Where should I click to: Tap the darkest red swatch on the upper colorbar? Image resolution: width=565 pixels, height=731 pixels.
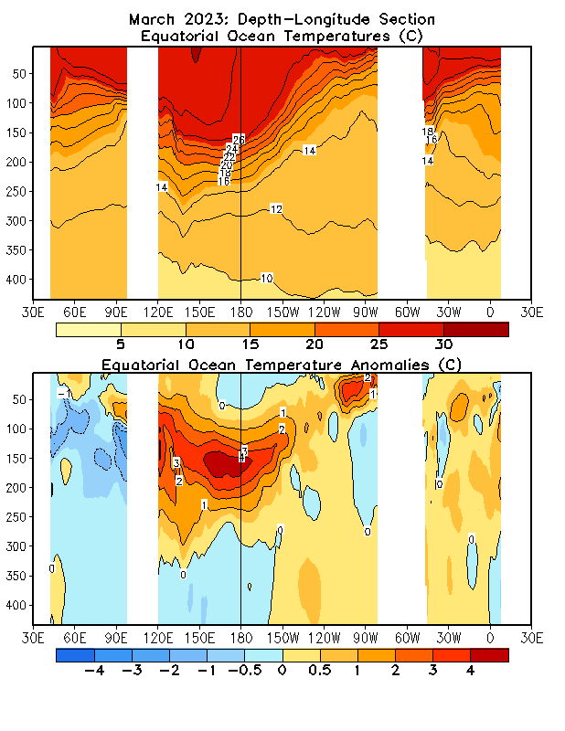point(475,329)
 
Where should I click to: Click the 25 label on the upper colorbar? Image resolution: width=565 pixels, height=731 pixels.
point(378,345)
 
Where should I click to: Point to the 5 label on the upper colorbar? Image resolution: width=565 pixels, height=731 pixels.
point(121,345)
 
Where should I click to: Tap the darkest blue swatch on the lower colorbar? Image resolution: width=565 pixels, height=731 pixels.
point(75,655)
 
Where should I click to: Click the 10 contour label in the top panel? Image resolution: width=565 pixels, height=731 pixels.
point(267,278)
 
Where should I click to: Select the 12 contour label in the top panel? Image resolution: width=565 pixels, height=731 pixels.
point(275,209)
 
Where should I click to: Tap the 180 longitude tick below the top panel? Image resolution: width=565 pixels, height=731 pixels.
point(240,309)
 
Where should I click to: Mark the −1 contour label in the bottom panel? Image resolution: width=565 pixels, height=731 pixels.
point(62,393)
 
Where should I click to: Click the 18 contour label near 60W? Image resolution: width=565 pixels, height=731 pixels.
point(427,132)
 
